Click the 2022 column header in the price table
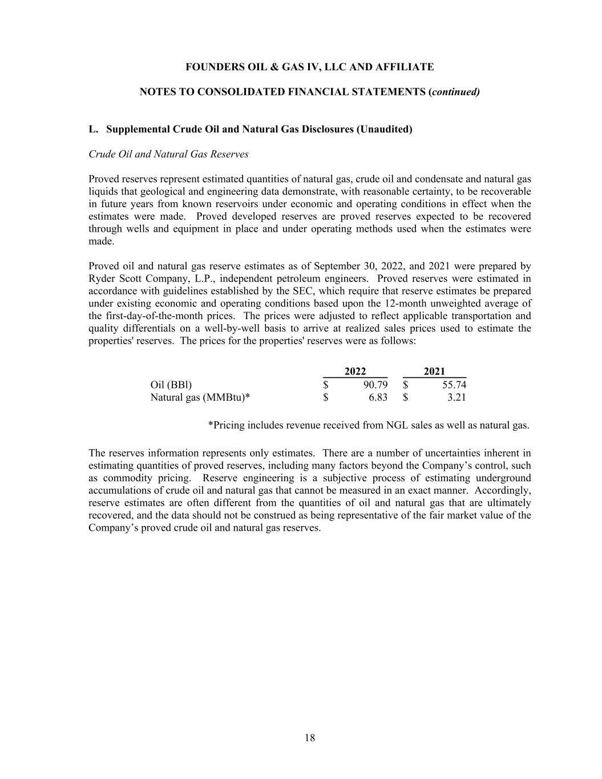point(355,372)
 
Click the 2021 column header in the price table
point(434,372)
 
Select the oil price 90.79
point(375,385)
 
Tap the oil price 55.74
point(454,385)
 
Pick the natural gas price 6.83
point(378,397)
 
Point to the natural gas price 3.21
point(456,397)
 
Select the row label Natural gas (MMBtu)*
point(200,397)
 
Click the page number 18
point(309,738)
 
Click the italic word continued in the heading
point(455,92)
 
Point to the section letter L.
point(93,130)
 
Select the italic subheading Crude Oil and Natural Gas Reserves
point(168,154)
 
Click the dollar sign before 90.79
point(326,385)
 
